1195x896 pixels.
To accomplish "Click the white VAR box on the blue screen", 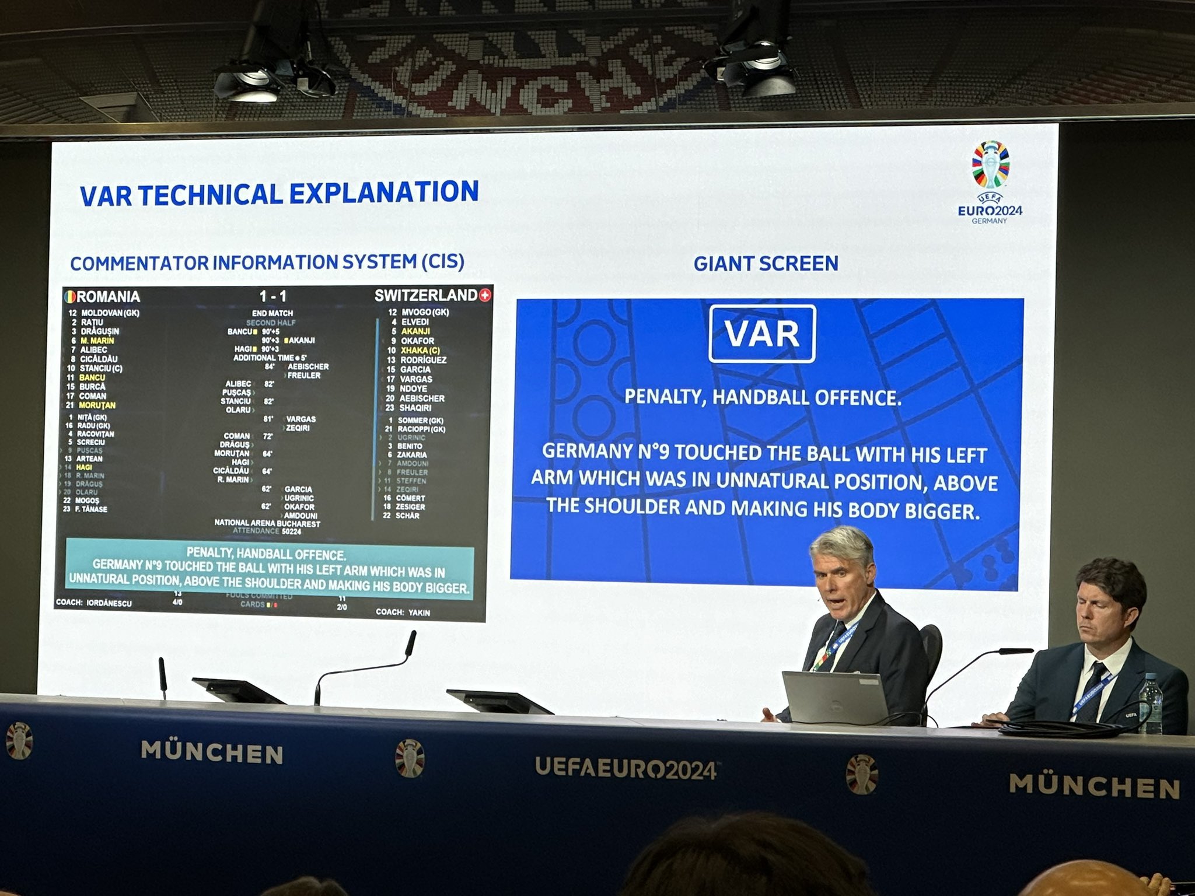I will click(x=761, y=334).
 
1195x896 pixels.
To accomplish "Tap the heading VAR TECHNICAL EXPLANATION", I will click(x=279, y=194).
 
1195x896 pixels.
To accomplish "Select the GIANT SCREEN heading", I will click(x=766, y=264).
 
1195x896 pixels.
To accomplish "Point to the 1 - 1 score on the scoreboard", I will click(x=272, y=296).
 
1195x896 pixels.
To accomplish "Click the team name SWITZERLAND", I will click(x=426, y=296).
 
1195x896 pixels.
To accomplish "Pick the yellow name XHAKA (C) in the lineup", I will click(x=420, y=351).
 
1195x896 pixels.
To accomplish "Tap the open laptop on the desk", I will click(x=834, y=698).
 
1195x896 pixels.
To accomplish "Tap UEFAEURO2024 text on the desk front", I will click(x=626, y=768).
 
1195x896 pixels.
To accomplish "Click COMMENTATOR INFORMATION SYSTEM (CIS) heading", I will click(x=267, y=262).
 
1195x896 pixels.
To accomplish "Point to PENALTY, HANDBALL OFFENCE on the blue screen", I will click(x=763, y=398).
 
